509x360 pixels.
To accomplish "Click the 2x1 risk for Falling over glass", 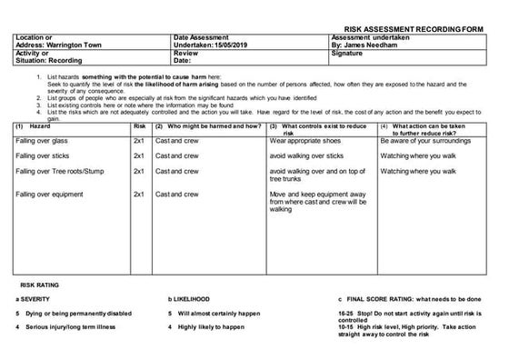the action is coord(139,141).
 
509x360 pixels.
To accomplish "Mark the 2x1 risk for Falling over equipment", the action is coord(139,194).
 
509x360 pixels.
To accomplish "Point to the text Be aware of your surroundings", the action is coord(425,141).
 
